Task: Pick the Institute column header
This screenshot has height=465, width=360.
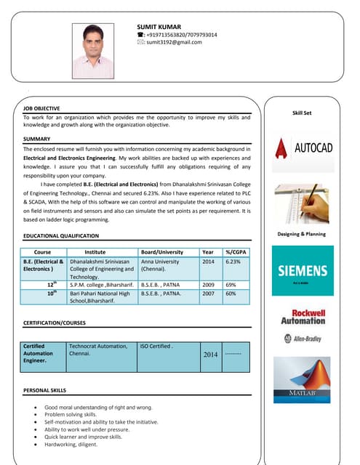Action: [x=100, y=251]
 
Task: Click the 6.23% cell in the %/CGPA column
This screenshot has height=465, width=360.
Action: [x=233, y=262]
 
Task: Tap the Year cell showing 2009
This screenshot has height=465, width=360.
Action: [x=208, y=285]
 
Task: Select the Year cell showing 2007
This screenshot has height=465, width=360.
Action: [x=208, y=294]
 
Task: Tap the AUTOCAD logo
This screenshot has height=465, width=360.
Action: [x=303, y=149]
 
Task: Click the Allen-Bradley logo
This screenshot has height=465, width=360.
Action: [x=303, y=338]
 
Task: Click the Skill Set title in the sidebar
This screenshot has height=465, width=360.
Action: [x=302, y=113]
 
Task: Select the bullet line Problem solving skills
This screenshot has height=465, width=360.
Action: [x=75, y=415]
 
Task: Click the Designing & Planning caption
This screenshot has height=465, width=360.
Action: [x=302, y=234]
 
